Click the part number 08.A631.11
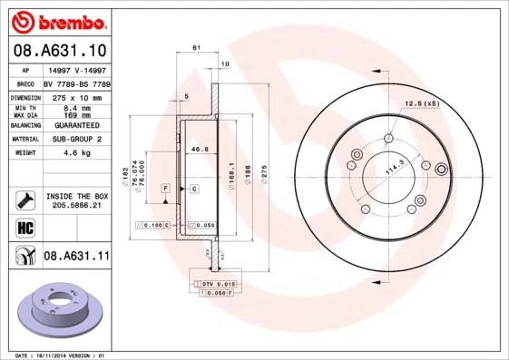(75, 257)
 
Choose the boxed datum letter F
(167, 188)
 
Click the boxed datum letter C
(194, 188)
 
